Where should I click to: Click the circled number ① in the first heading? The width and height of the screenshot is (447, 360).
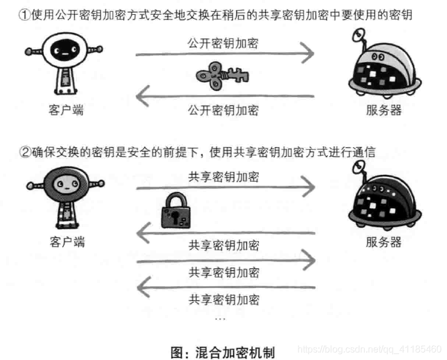click(25, 15)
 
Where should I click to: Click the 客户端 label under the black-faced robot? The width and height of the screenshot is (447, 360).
click(66, 110)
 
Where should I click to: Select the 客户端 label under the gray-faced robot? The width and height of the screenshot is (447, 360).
click(66, 242)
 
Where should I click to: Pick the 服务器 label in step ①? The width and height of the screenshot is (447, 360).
click(384, 110)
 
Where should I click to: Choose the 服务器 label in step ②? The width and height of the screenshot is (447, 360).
click(384, 242)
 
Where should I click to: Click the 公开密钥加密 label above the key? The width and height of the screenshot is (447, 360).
click(223, 43)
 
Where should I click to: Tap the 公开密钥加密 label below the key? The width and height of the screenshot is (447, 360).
click(223, 110)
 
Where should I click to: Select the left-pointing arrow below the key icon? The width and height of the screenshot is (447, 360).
click(225, 96)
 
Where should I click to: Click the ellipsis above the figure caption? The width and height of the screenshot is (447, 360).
click(220, 319)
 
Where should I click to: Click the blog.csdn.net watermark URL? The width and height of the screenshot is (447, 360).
click(369, 349)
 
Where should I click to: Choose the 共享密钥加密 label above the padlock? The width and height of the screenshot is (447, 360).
click(223, 176)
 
